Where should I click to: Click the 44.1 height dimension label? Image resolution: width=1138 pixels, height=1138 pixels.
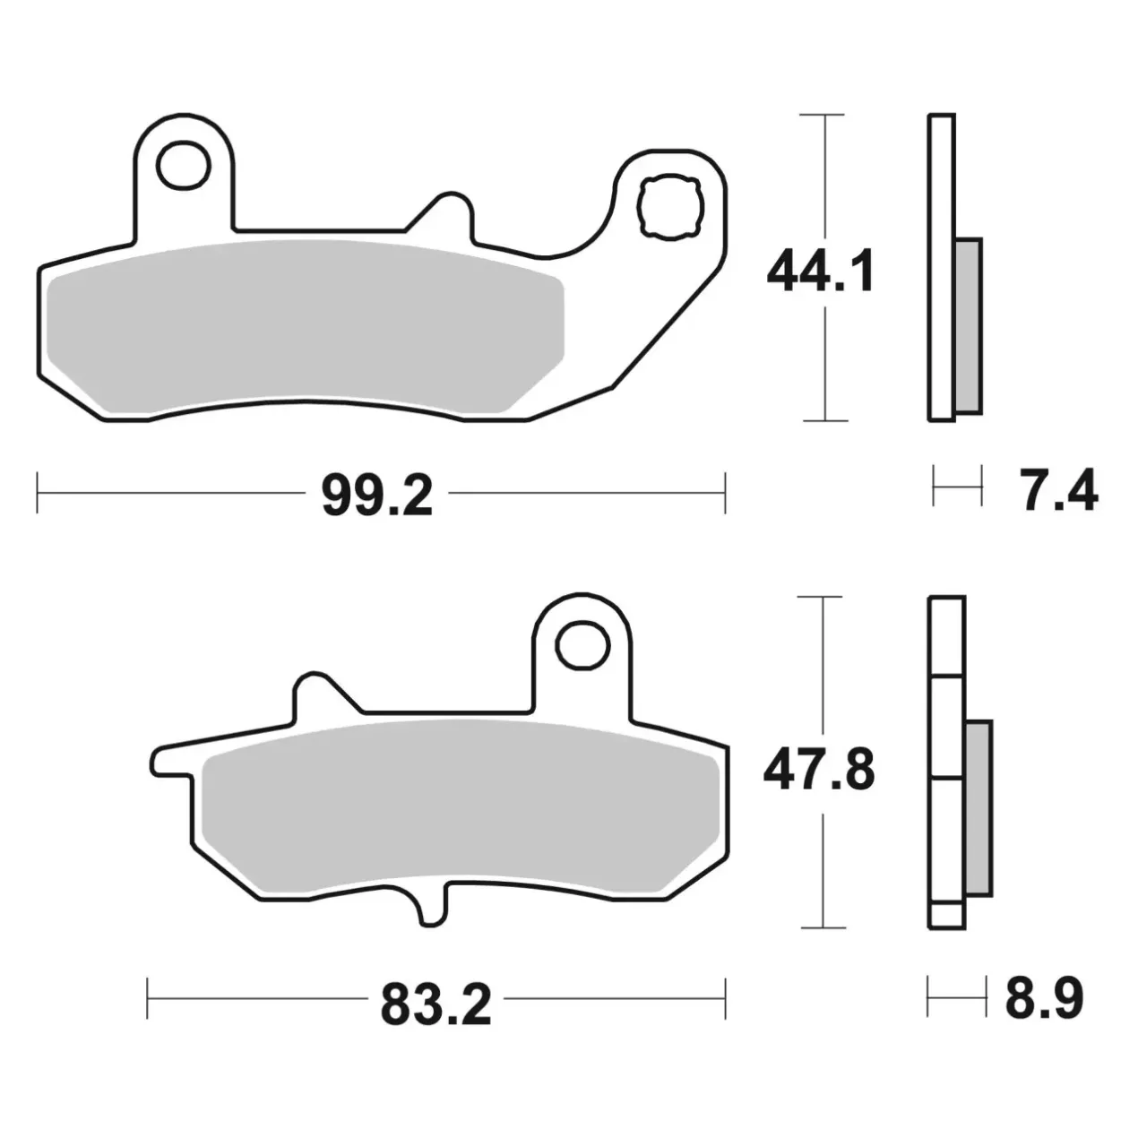click(820, 272)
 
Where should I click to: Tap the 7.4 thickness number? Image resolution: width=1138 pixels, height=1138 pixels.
click(1057, 489)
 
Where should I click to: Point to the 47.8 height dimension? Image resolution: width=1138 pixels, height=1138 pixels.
click(819, 770)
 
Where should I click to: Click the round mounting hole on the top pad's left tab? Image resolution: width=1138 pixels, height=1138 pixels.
click(184, 166)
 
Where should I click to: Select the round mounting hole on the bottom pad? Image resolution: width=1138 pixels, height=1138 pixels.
click(582, 645)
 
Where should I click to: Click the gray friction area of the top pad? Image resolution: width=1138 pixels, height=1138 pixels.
click(305, 326)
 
